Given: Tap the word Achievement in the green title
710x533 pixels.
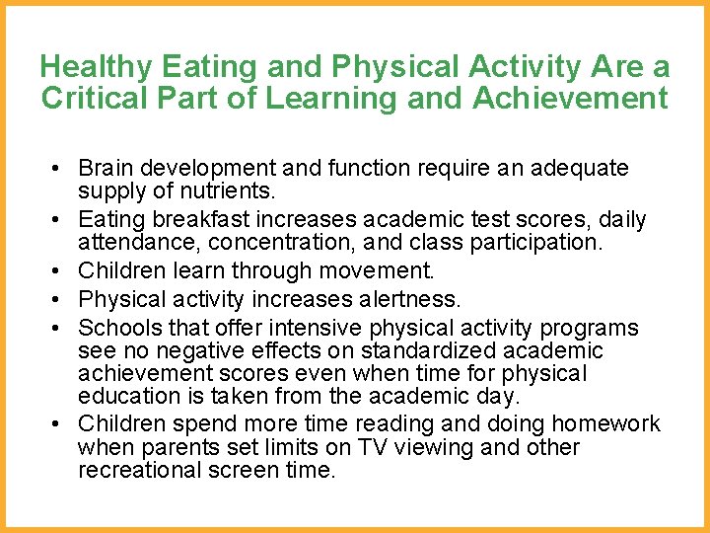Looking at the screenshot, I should pos(570,99).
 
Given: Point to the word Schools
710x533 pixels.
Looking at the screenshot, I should pos(115,327).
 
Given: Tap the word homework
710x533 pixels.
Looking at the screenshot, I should pos(605,423).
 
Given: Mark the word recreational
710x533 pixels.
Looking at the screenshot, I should pos(141,470).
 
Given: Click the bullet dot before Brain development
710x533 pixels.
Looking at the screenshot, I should pos(58,169).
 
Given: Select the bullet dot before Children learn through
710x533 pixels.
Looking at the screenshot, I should pos(58,269).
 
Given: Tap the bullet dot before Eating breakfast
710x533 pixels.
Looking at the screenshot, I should pos(58,218).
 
